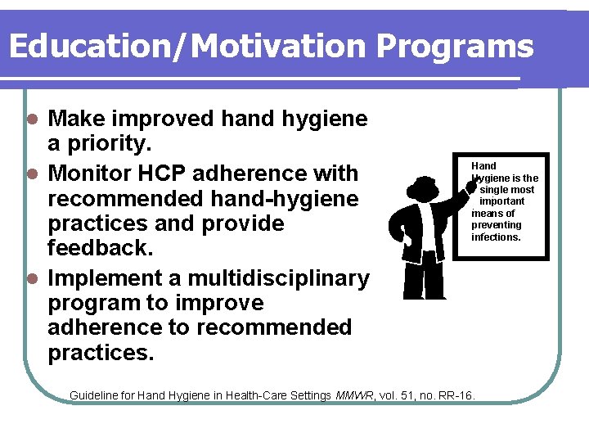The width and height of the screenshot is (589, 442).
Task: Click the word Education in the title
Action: click(x=88, y=47)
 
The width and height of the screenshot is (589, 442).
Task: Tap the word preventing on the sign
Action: click(x=496, y=225)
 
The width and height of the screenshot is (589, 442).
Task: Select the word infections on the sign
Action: click(x=496, y=237)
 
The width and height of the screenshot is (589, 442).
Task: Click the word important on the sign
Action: click(x=501, y=201)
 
